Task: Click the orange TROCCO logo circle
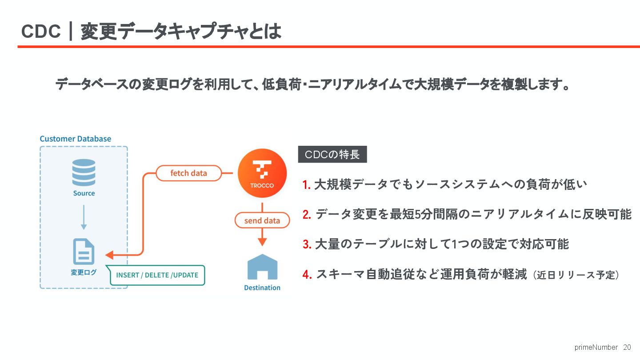click(x=262, y=173)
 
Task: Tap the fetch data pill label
click(x=188, y=173)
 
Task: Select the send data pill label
click(x=262, y=220)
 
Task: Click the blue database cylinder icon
click(x=84, y=172)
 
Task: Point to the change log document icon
click(x=84, y=252)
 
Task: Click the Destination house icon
click(x=262, y=267)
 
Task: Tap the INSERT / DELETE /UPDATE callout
click(x=157, y=275)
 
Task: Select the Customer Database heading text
click(x=76, y=139)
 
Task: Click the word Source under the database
click(x=84, y=193)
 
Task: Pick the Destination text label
click(x=262, y=288)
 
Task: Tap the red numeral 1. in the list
click(x=307, y=185)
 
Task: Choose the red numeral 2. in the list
click(x=307, y=215)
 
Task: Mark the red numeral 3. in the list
click(x=307, y=244)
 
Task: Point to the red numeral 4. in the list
click(x=307, y=275)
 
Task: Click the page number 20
click(x=627, y=347)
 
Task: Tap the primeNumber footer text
click(x=596, y=347)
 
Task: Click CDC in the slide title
click(x=41, y=32)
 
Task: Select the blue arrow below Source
click(x=84, y=217)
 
